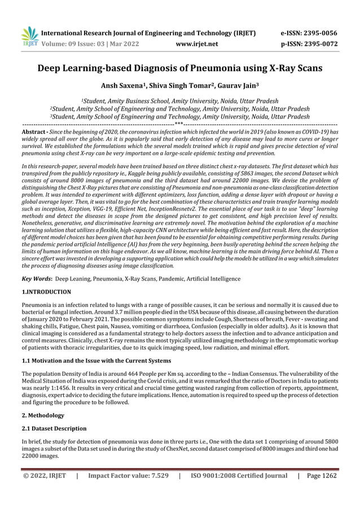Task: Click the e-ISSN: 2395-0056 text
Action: [309, 33]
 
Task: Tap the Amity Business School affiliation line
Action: [179, 100]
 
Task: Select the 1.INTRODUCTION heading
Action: [46, 292]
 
